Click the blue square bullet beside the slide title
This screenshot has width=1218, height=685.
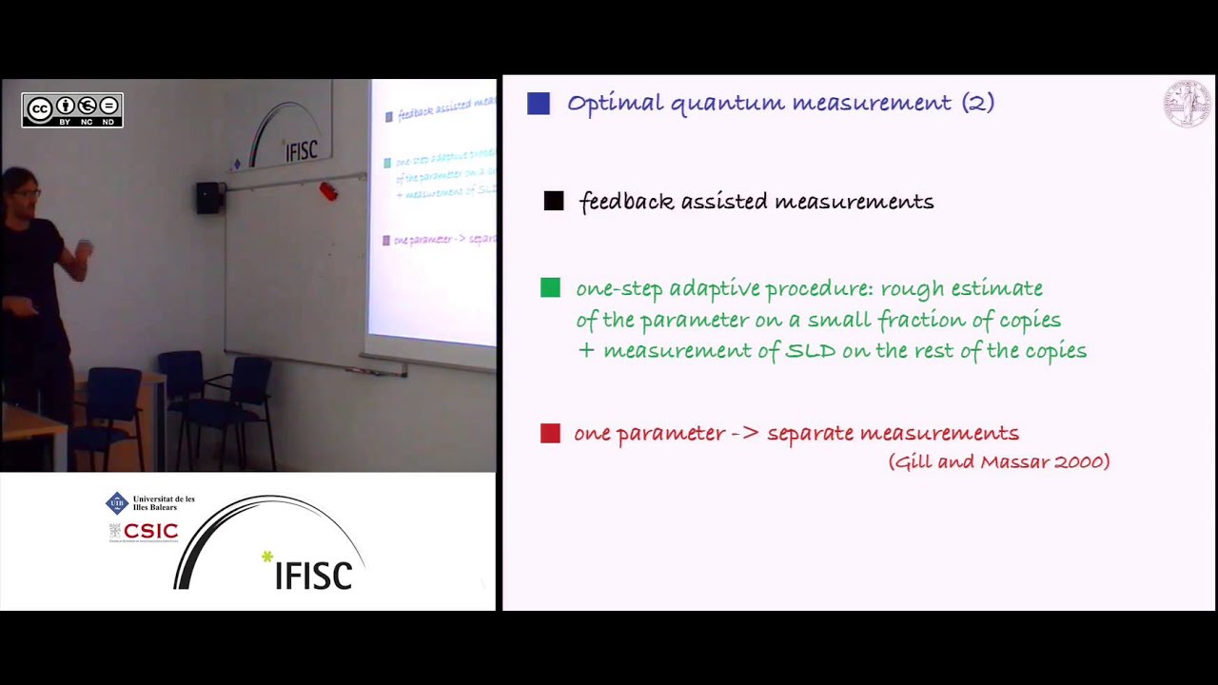(x=539, y=104)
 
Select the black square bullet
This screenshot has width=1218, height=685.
(x=554, y=201)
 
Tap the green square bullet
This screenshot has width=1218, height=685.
(x=550, y=287)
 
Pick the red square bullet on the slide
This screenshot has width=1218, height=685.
(x=550, y=434)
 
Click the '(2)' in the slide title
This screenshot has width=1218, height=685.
(x=977, y=103)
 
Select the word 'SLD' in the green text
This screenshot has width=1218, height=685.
(x=810, y=351)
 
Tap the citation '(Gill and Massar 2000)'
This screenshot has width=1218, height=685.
(x=999, y=461)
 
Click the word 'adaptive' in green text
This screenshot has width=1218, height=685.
(x=715, y=288)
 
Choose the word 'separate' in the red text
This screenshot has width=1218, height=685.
(x=810, y=434)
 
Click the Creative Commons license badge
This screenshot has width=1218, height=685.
(x=72, y=110)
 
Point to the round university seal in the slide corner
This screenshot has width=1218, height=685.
(x=1187, y=103)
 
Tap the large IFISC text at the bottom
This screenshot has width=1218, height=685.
(x=313, y=574)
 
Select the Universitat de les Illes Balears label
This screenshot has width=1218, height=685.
(x=163, y=502)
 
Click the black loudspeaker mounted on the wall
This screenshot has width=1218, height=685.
(x=209, y=197)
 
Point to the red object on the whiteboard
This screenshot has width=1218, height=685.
(x=328, y=191)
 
